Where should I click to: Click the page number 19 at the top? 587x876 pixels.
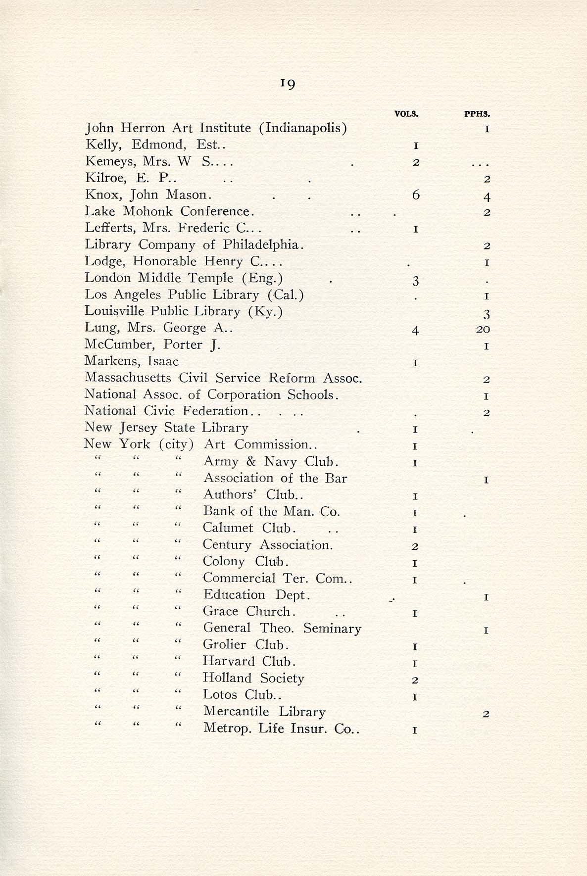(288, 84)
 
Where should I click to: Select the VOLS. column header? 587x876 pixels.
(406, 113)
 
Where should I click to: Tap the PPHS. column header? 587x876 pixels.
(477, 113)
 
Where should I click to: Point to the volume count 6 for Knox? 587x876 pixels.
(416, 195)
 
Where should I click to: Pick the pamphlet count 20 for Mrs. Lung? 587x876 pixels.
(483, 329)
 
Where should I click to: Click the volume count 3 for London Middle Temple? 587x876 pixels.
(416, 281)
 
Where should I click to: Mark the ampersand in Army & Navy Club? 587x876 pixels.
(251, 462)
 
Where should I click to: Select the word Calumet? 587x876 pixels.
(228, 528)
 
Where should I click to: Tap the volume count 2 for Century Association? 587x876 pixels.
(416, 546)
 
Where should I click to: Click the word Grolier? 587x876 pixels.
(224, 645)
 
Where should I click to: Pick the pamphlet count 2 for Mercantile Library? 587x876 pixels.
(486, 714)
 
